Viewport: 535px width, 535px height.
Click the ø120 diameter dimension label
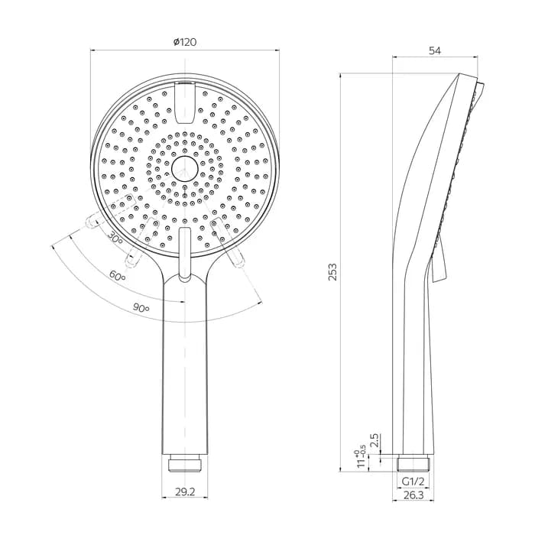[x=185, y=42]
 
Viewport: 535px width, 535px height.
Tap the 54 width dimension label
[x=435, y=50]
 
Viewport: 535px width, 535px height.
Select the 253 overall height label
[x=332, y=271]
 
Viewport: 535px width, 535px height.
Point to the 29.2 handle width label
[x=185, y=491]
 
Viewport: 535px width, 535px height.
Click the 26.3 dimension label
[x=413, y=495]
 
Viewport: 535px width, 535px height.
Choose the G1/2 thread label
[x=413, y=481]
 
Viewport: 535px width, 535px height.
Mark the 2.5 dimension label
[x=374, y=440]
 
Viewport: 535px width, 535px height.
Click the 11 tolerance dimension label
[x=361, y=459]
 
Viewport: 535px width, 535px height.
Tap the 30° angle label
[x=115, y=238]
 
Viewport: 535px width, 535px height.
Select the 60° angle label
[x=117, y=275]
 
